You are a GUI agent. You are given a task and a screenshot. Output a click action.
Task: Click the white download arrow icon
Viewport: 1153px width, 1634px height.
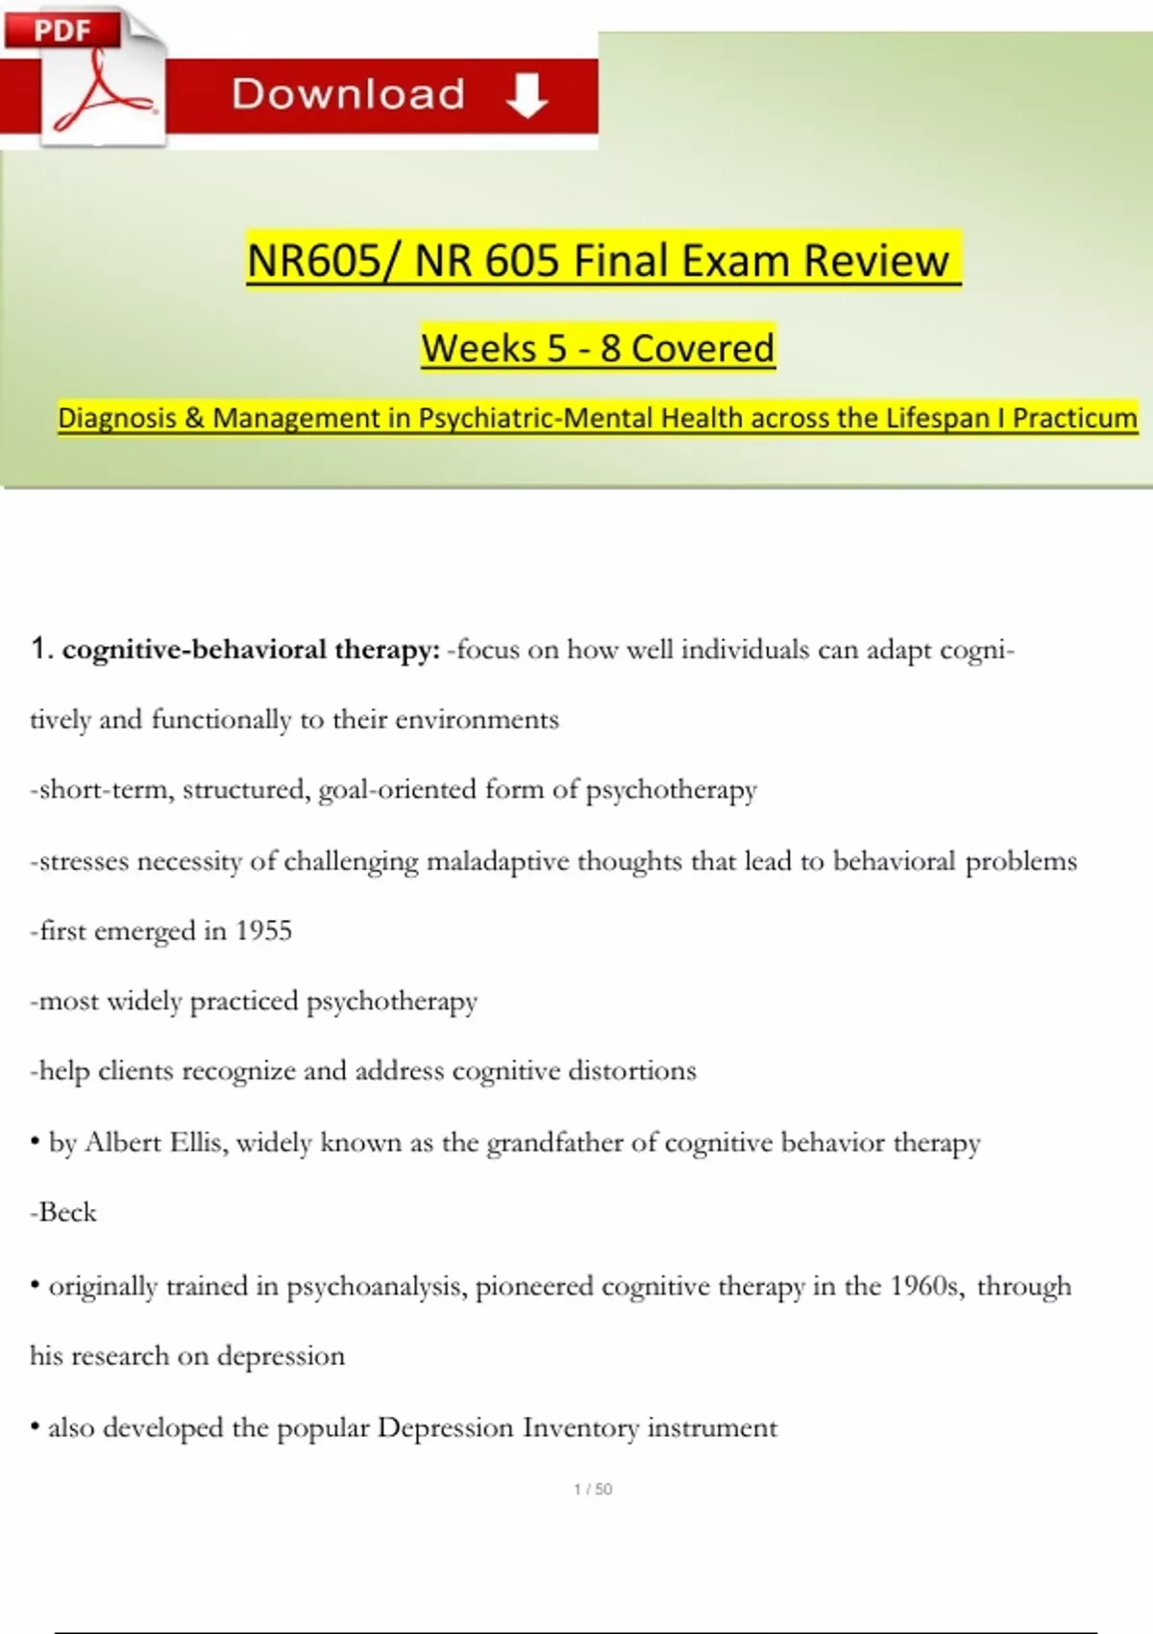pos(527,95)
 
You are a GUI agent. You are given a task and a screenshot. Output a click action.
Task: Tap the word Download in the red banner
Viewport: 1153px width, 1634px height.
pos(349,94)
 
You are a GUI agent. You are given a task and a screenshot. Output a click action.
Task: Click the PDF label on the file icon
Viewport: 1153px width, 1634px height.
pos(62,31)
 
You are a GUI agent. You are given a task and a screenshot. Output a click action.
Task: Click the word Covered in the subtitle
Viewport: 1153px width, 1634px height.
pos(702,348)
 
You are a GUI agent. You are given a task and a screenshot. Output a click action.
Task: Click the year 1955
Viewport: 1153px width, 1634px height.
pos(263,930)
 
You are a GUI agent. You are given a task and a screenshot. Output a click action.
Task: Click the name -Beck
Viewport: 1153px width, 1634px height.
pos(63,1212)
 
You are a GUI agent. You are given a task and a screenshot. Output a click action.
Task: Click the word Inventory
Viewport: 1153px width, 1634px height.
pos(580,1427)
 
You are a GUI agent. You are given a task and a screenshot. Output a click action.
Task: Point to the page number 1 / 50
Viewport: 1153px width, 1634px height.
pos(593,1489)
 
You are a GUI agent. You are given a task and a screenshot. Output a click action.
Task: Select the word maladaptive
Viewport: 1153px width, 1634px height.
pos(498,861)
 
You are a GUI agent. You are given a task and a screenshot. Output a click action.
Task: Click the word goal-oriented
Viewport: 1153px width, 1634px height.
pos(397,789)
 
